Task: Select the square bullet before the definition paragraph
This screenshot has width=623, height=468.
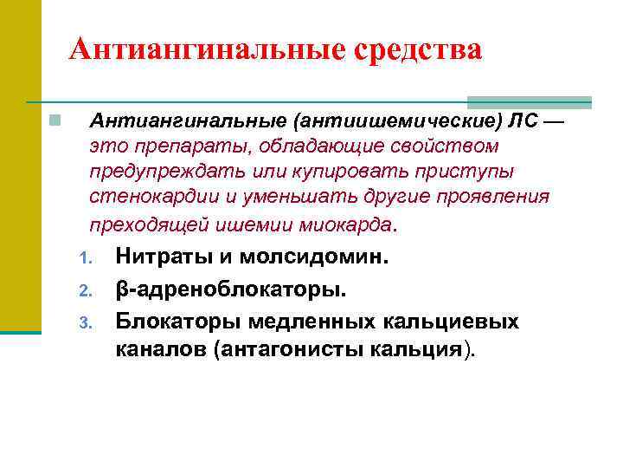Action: pyautogui.click(x=54, y=120)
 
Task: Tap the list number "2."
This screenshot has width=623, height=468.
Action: pyautogui.click(x=84, y=290)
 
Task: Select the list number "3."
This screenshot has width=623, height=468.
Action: pyautogui.click(x=84, y=322)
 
